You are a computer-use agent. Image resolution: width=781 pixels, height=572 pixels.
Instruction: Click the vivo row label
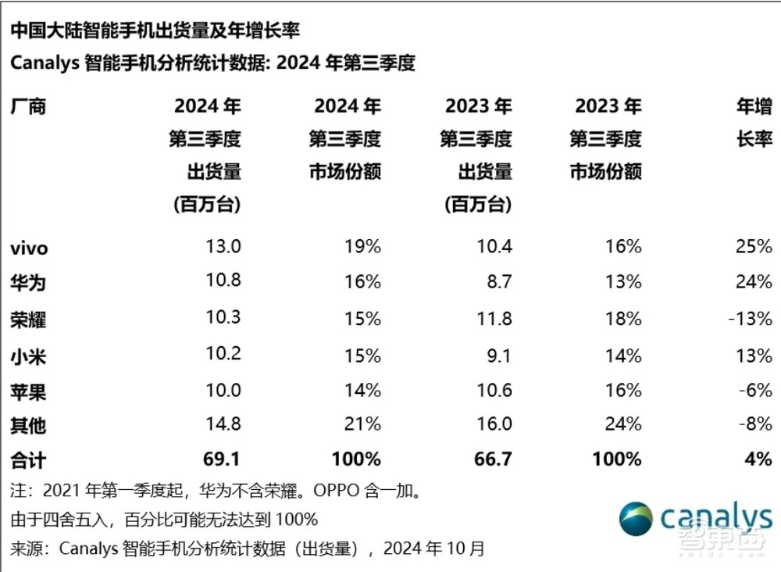point(29,248)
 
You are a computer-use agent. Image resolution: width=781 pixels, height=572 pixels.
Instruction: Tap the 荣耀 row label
point(28,320)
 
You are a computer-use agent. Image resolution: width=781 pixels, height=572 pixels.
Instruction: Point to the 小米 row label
point(28,356)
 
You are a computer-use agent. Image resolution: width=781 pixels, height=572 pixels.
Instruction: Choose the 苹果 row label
point(28,391)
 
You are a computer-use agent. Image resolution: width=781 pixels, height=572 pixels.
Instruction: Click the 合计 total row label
point(28,459)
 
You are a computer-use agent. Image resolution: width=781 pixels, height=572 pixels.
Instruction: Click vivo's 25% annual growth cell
point(753,247)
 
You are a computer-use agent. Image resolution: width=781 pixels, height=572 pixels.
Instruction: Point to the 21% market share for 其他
point(362,424)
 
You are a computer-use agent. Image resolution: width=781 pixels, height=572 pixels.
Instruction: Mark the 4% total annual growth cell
point(758,459)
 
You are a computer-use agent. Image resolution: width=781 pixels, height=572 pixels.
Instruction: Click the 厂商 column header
point(28,106)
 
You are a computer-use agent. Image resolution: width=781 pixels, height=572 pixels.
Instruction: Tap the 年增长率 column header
point(753,123)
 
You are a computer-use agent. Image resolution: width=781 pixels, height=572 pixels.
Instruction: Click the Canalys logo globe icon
point(637,518)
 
